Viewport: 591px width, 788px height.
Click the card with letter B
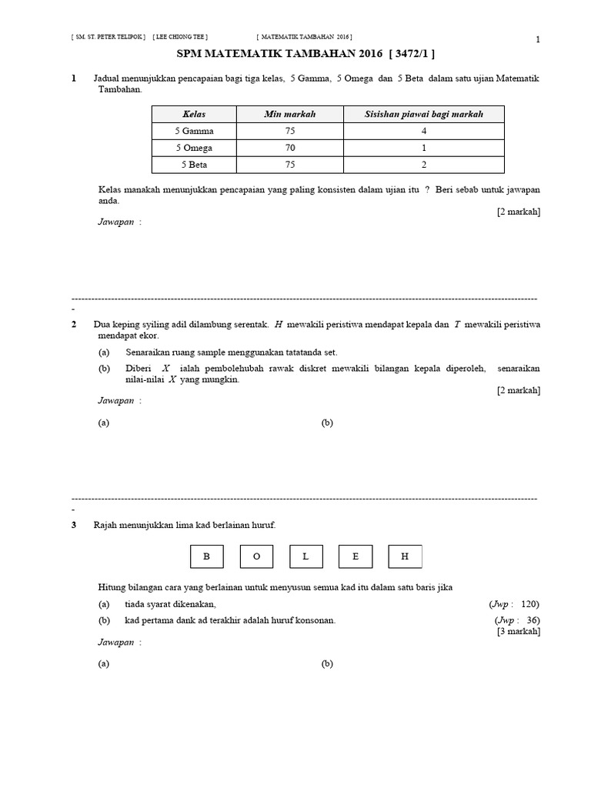pos(205,556)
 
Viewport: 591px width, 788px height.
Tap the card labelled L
pos(306,556)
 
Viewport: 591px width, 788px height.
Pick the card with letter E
pos(356,556)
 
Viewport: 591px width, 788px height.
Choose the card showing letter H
pos(406,556)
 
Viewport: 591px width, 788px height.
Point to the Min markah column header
pos(289,114)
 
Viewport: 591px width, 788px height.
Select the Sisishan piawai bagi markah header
pos(424,114)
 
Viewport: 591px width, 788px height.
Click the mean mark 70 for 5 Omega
pos(289,148)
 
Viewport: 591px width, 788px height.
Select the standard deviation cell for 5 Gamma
pos(424,131)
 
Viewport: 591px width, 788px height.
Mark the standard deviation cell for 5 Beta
pos(424,165)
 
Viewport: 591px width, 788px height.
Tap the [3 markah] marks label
pos(519,632)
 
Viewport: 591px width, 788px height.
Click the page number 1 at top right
pos(538,40)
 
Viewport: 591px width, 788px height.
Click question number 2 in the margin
pos(74,325)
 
